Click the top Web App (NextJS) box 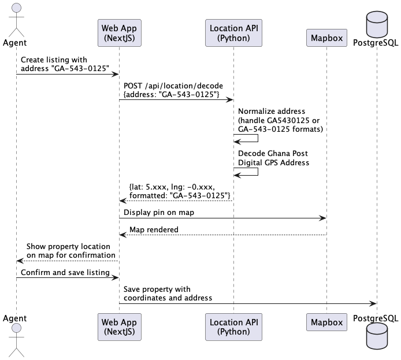(119, 33)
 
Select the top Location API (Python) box (233, 33)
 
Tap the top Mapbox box (326, 38)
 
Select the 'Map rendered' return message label (154, 229)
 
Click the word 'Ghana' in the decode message (281, 154)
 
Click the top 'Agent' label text (14, 42)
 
